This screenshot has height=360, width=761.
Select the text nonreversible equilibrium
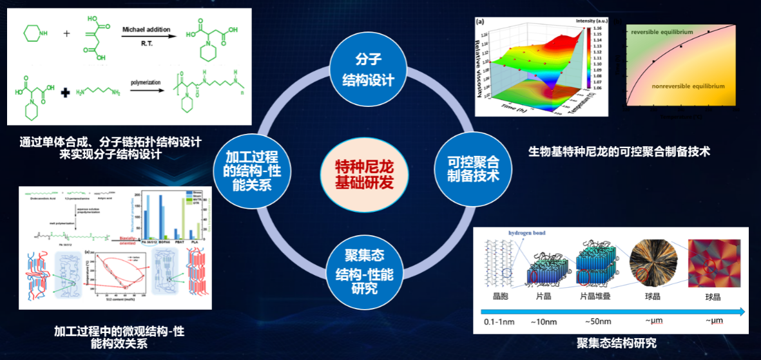[688, 86]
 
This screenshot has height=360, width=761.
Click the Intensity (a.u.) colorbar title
[594, 21]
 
